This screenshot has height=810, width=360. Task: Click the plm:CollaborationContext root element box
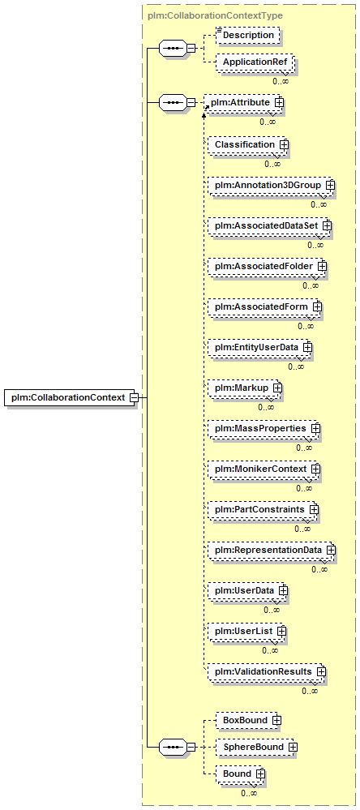click(71, 397)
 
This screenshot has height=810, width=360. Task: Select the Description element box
click(248, 35)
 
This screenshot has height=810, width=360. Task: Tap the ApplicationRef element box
click(255, 62)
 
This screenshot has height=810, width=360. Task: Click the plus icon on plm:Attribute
click(280, 102)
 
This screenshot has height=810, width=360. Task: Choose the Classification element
click(248, 144)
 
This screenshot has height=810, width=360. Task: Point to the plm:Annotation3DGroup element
click(271, 184)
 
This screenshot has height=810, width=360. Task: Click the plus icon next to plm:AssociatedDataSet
click(327, 225)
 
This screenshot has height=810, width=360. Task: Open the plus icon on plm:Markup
click(277, 387)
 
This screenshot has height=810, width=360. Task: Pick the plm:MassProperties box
click(264, 429)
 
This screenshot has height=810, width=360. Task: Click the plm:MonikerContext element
click(264, 469)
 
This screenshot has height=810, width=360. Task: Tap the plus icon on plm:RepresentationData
click(330, 551)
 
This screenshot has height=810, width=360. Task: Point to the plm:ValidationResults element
click(267, 671)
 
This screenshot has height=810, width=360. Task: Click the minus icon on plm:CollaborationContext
click(133, 398)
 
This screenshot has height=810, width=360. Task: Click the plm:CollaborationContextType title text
click(215, 15)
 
